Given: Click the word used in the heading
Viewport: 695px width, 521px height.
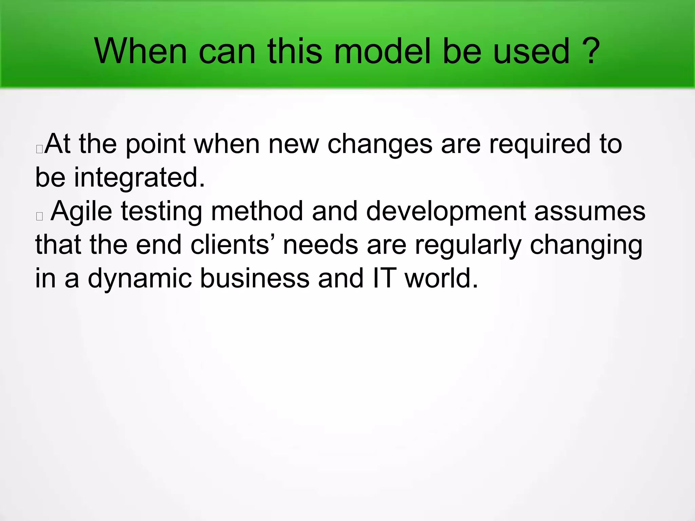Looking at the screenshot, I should [531, 51].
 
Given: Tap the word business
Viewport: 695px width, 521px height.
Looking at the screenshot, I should [255, 278].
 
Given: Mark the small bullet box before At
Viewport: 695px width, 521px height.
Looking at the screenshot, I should [39, 149].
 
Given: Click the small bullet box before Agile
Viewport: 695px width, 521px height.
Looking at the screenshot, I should [39, 216].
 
